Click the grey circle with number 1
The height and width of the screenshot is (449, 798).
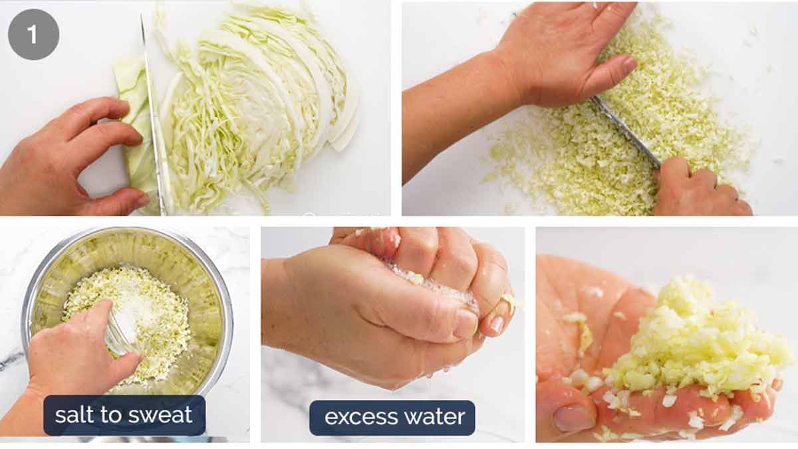tap(33, 35)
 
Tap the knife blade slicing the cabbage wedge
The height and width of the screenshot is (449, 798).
tap(152, 113)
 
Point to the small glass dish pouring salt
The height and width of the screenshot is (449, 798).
tap(120, 335)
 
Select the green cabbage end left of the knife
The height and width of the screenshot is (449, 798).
tap(136, 126)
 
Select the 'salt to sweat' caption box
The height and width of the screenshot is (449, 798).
tap(124, 415)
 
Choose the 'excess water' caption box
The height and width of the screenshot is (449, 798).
tap(392, 417)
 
